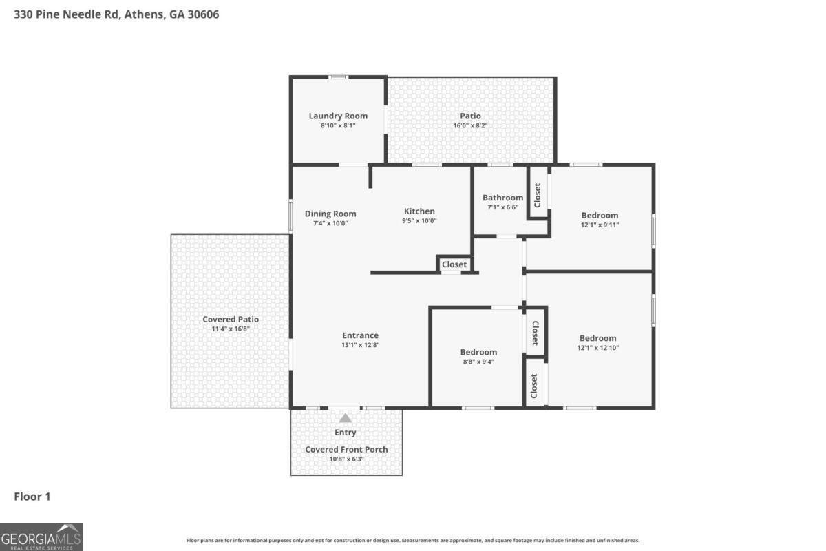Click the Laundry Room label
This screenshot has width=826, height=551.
[x=337, y=116]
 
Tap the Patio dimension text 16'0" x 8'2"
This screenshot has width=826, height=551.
[x=471, y=126]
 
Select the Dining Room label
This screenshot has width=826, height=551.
[x=330, y=214]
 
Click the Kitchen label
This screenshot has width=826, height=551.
[x=419, y=211]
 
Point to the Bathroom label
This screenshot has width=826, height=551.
[x=502, y=198]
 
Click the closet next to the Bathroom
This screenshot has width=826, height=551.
[x=538, y=195]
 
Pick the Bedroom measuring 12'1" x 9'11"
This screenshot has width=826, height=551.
[x=600, y=215]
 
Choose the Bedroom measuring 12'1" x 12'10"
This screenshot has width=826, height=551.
[x=597, y=338]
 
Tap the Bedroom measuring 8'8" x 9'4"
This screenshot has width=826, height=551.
[x=478, y=352]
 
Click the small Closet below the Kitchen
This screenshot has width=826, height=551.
[x=454, y=264]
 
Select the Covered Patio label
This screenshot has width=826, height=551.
[x=231, y=320]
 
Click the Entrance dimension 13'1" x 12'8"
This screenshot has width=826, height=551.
[x=361, y=345]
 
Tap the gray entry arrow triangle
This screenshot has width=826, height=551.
[x=346, y=418]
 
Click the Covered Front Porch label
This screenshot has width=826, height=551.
[x=346, y=450]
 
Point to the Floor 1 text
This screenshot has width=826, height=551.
[x=32, y=496]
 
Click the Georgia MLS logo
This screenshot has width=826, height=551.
[x=41, y=537]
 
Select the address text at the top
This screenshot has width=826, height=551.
[x=116, y=13]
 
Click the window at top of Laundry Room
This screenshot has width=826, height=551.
[x=338, y=77]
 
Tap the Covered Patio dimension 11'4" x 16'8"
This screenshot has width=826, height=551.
[x=231, y=329]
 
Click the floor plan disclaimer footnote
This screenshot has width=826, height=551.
[x=413, y=541]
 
